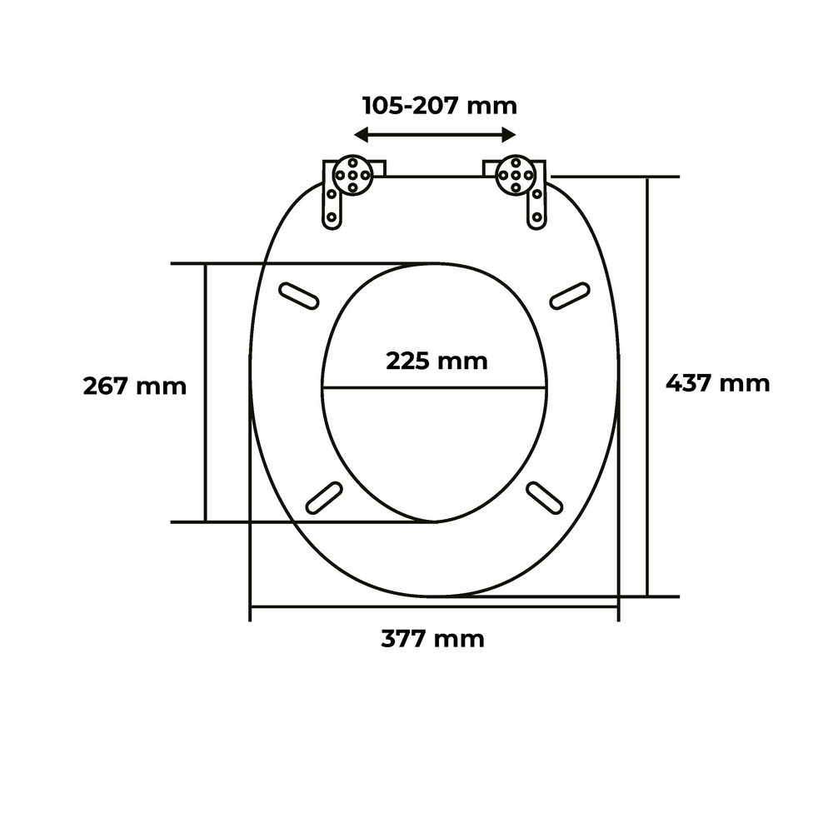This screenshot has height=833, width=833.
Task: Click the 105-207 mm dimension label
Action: point(439,106)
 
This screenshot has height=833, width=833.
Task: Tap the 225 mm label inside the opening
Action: point(436,361)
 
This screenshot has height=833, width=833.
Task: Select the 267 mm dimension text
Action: point(135,387)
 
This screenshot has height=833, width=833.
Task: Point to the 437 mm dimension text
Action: point(717,382)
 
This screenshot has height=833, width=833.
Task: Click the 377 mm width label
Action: point(432,639)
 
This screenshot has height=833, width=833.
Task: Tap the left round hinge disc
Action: point(352,175)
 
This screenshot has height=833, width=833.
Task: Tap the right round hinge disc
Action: point(516,175)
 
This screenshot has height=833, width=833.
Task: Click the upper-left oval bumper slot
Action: point(299,295)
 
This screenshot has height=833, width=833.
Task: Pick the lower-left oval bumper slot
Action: point(324,497)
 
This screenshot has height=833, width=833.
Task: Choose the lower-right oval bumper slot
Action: point(544,497)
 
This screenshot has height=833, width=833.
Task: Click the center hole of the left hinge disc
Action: point(352,175)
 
